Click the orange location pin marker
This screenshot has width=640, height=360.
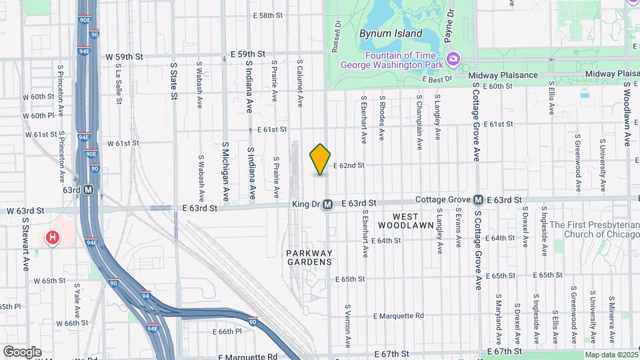coord(321,159)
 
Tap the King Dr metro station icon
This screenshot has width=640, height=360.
coord(327,205)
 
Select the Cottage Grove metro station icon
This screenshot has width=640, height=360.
coord(478,200)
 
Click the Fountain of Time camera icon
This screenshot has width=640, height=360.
coord(453,59)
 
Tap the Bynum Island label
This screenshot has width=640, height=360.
coord(390,33)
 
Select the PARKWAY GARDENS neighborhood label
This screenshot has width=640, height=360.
coord(309,257)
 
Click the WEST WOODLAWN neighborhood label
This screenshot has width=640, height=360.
coord(405,221)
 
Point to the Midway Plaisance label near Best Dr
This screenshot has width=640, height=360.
coord(507,75)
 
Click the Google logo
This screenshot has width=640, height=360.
coord(22,351)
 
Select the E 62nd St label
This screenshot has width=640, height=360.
coord(349,165)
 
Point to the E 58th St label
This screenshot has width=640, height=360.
coord(269,15)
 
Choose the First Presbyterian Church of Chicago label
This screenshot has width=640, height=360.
coord(593,229)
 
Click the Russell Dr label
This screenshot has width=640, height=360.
coord(337,37)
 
